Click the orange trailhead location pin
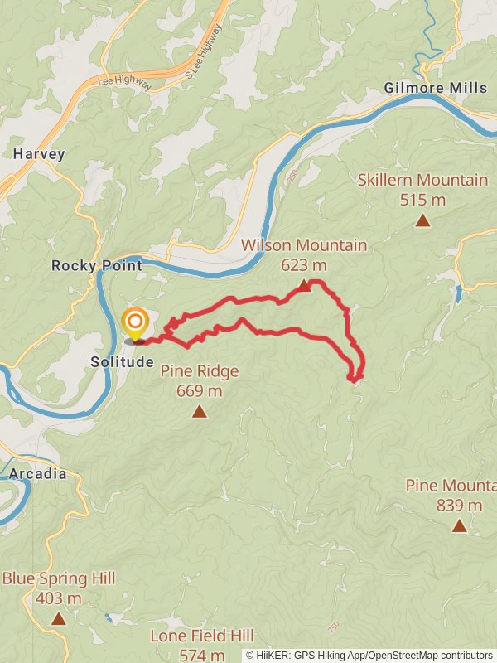(x=135, y=323)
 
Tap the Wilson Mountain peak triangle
(x=304, y=286)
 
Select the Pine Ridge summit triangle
(x=199, y=411)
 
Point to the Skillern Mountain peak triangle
(x=422, y=220)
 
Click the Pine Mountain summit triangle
(x=459, y=525)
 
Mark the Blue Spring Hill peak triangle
(x=58, y=618)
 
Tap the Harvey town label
(x=39, y=154)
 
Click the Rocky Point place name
(x=97, y=266)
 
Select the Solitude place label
(x=123, y=362)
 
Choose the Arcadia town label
(x=38, y=474)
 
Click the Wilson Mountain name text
(x=304, y=245)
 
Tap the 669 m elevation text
(x=199, y=391)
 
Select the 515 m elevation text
(x=422, y=200)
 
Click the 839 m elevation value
(x=459, y=506)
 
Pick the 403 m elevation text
(x=58, y=598)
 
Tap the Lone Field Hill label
(x=202, y=636)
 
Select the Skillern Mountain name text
(x=422, y=180)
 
